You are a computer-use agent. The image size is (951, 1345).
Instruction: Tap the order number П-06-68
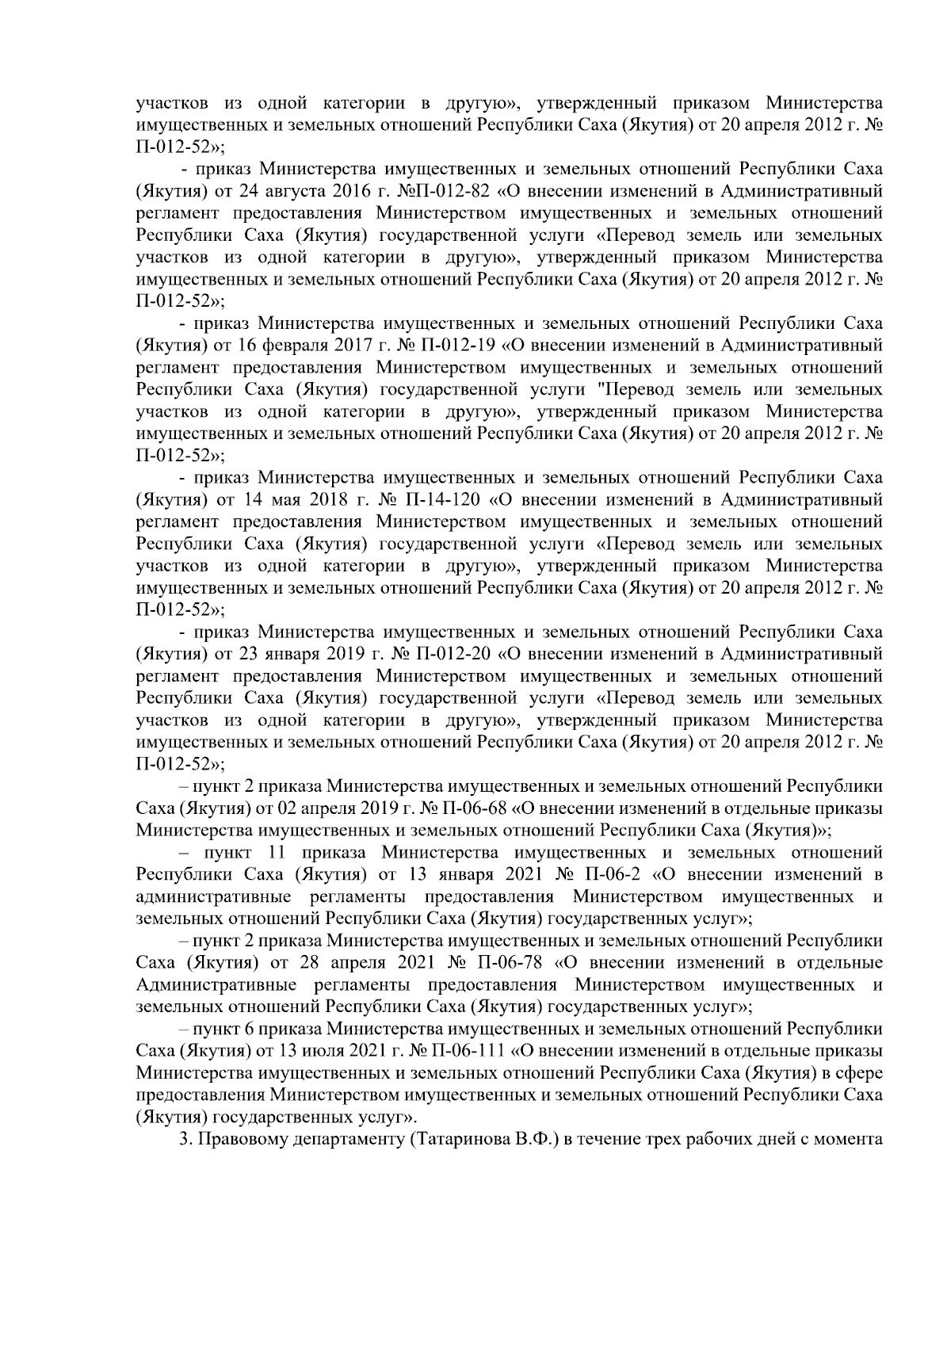point(468,809)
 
